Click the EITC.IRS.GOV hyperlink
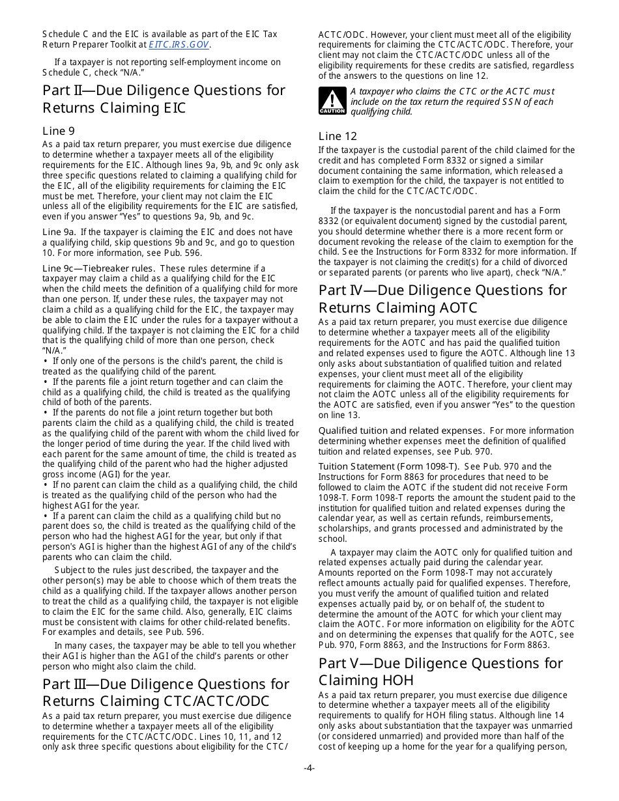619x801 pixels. (x=179, y=45)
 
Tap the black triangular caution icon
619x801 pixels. (x=332, y=101)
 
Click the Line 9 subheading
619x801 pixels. (x=59, y=131)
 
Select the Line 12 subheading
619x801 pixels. (x=338, y=136)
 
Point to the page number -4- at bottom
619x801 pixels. (x=309, y=768)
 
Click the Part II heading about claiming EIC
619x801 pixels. (x=164, y=98)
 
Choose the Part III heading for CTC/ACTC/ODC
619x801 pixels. (x=166, y=692)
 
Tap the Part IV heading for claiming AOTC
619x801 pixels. (x=442, y=298)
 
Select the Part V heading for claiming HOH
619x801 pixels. (x=440, y=671)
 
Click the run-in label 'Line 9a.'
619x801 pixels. (x=59, y=232)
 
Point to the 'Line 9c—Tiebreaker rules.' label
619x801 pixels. (x=98, y=268)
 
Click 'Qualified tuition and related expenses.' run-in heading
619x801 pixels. (x=401, y=430)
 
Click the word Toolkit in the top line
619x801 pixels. (x=261, y=35)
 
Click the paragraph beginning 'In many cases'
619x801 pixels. (x=169, y=656)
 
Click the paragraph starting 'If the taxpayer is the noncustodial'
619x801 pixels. (x=447, y=241)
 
